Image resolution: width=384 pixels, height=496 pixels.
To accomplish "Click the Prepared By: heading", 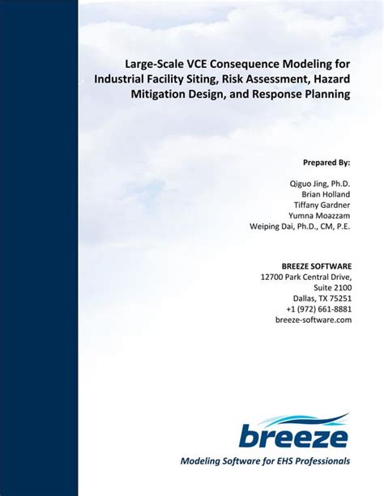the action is [x=326, y=162].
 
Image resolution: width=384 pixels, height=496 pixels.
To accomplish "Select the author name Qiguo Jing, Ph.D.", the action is [x=320, y=184].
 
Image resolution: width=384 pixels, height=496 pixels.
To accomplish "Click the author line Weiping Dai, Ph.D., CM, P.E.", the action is [x=300, y=227].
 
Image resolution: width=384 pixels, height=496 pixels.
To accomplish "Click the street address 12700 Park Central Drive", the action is [x=306, y=277].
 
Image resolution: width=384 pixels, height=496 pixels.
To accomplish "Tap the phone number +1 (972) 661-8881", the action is [x=318, y=309].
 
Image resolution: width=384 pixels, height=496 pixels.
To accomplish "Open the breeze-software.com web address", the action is [x=314, y=320].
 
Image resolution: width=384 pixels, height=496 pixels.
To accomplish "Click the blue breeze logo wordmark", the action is [x=293, y=437].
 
